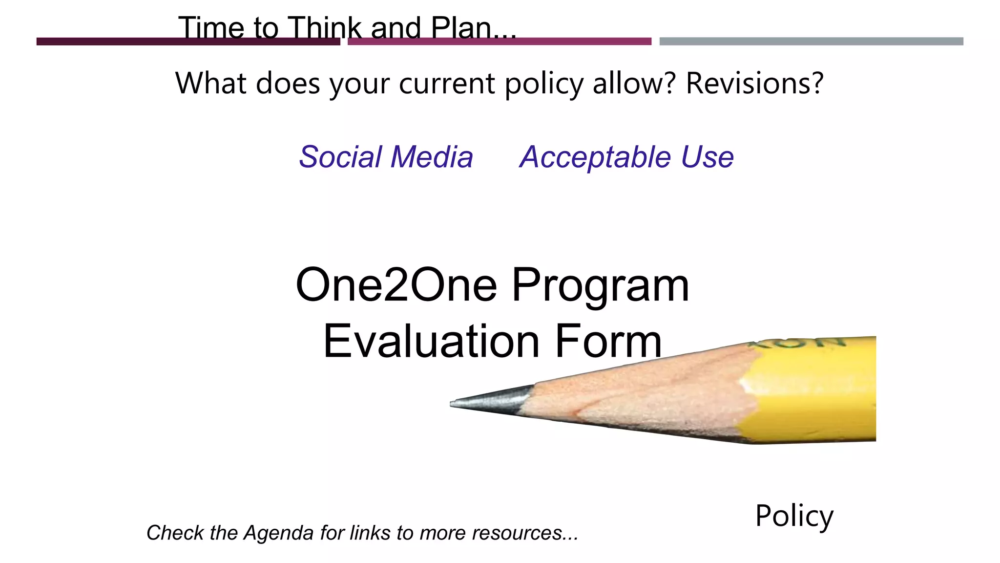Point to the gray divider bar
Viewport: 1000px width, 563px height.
click(811, 42)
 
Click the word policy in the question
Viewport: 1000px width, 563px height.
click(544, 84)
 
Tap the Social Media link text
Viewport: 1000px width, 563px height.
click(386, 157)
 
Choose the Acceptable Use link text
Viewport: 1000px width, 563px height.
click(626, 157)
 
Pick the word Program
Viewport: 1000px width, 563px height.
click(600, 286)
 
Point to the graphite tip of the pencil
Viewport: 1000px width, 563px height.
click(488, 400)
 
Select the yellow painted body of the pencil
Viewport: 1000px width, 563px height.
click(815, 391)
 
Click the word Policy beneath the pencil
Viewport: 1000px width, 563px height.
click(794, 516)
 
